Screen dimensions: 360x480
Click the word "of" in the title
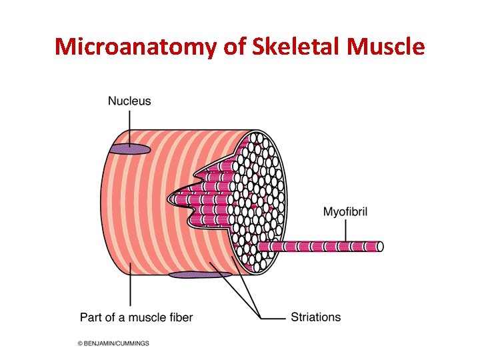coord(232,47)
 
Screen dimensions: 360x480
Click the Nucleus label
coord(129,101)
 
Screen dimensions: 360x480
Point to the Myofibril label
coord(345,212)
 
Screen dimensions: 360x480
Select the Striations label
coord(315,317)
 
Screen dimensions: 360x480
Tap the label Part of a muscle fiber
coord(136,317)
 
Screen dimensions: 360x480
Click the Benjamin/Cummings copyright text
coord(113,343)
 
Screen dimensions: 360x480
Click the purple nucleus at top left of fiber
coord(130,149)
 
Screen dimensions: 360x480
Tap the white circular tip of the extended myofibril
coord(380,246)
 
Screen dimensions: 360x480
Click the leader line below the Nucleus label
coord(130,127)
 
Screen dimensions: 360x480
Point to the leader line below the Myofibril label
coord(346,230)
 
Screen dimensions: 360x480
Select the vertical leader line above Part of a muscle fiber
coord(130,287)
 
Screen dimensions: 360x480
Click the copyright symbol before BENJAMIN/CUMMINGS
coord(80,343)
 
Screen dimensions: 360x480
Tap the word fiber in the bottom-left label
coord(180,317)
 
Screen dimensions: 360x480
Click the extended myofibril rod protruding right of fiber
coord(320,246)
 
